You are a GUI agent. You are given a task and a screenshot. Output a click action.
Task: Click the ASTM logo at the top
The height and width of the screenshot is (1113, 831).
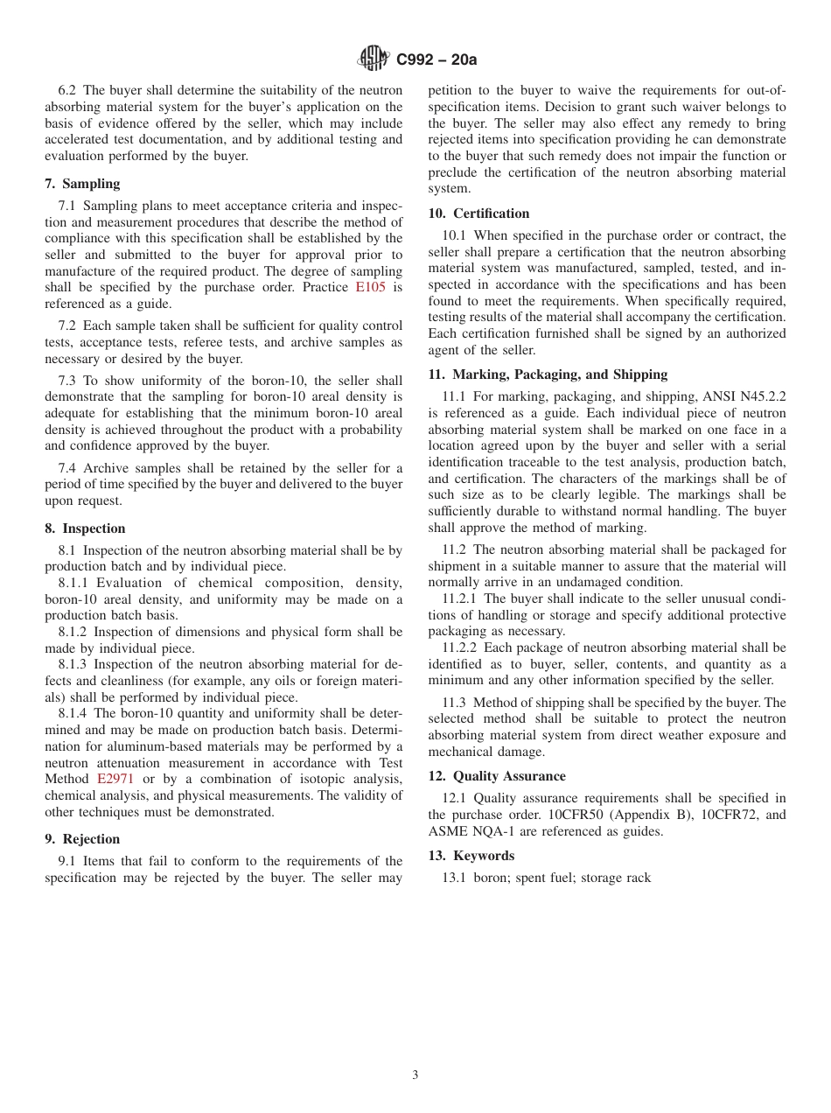[x=374, y=59]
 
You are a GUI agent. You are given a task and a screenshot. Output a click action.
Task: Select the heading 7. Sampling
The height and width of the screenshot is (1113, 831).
[x=82, y=184]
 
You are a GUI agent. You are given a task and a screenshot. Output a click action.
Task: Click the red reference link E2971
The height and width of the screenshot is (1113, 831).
[x=115, y=779]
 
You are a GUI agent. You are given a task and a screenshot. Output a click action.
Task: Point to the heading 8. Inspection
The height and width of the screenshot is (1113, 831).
[x=85, y=528]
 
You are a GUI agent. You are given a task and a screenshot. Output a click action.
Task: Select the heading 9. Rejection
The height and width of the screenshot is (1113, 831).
[x=82, y=839]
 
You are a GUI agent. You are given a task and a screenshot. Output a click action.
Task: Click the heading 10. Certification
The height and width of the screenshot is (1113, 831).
[x=478, y=213]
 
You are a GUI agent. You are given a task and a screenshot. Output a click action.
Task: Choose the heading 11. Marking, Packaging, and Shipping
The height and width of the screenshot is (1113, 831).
[x=548, y=374]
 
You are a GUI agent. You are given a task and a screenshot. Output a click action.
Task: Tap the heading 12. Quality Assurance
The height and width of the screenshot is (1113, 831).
[x=497, y=776]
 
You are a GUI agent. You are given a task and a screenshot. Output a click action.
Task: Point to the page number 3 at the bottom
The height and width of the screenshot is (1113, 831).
[x=415, y=1075]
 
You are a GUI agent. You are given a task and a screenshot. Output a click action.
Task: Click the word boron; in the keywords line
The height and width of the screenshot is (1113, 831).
[x=492, y=878]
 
